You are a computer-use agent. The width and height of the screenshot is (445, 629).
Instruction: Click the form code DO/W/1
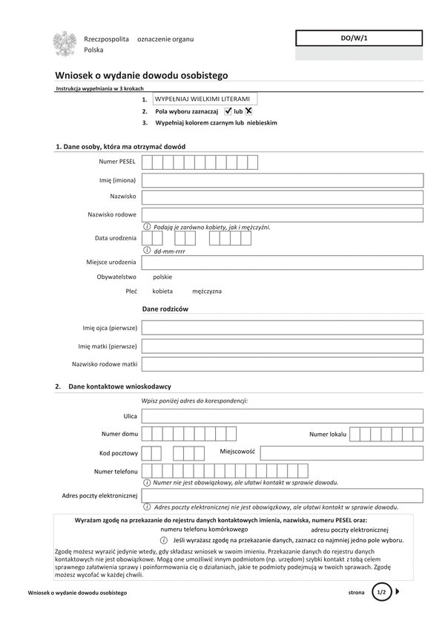tap(359, 38)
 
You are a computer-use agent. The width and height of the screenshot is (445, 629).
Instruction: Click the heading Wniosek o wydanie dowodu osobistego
tap(142, 75)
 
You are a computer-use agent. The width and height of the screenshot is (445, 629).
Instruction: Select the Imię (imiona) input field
tap(282, 180)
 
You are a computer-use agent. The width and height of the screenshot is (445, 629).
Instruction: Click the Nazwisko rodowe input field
tap(282, 215)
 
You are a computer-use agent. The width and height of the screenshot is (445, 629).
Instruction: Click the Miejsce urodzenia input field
tap(282, 263)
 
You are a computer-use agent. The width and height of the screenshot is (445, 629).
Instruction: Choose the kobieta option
tap(162, 292)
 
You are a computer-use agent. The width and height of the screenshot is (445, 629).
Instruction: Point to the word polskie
tap(162, 277)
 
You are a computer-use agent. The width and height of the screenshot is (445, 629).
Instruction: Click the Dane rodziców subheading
tap(165, 309)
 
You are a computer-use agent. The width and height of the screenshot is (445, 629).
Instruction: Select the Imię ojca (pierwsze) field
tap(282, 327)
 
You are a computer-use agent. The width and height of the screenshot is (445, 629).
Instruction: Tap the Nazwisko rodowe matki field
tap(282, 364)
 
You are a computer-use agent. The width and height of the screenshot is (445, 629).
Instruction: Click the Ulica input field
tap(282, 416)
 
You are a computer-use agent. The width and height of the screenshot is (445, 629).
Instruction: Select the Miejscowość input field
tap(341, 452)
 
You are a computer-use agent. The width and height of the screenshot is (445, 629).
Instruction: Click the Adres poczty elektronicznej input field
tap(282, 495)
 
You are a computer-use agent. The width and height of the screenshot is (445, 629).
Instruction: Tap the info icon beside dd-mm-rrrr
tap(147, 251)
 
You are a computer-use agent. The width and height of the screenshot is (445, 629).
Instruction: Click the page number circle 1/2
tap(381, 593)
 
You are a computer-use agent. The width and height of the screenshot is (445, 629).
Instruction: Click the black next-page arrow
tap(398, 592)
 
